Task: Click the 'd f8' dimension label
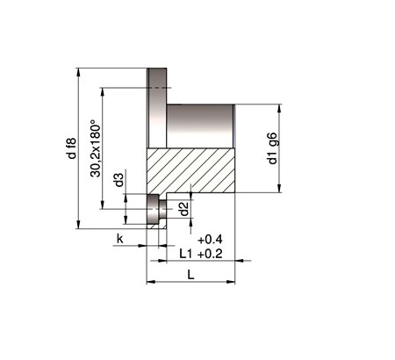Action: (72, 148)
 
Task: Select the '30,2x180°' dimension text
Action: (96, 148)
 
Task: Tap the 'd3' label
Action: (119, 180)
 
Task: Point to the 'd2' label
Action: (184, 209)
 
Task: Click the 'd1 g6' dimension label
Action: (272, 148)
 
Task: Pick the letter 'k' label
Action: (120, 239)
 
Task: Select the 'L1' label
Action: (186, 254)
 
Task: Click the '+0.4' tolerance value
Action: (210, 240)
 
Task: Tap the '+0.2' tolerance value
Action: (210, 254)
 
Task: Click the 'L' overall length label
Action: (190, 275)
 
